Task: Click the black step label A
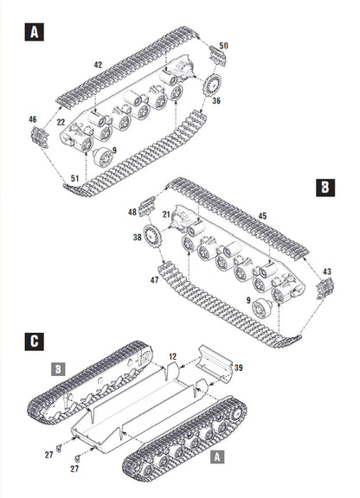[x=34, y=33]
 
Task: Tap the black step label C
[x=33, y=341]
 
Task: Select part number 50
[x=223, y=45]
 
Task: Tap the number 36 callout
[x=215, y=100]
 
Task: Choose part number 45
[x=261, y=216]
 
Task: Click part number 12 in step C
[x=172, y=356]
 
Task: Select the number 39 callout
[x=238, y=368]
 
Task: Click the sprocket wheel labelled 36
[x=210, y=85]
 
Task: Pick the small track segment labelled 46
[x=38, y=137]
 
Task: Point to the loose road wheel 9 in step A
[x=103, y=157]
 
